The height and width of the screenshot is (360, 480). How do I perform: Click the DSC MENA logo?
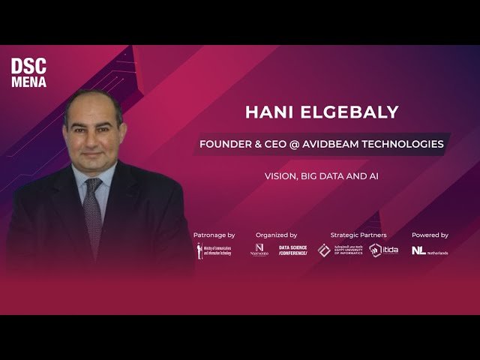tap(28, 73)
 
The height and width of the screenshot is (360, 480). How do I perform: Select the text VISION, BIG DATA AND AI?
tap(320, 177)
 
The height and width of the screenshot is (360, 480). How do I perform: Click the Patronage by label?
tap(214, 235)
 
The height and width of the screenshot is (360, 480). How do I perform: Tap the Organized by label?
tap(276, 235)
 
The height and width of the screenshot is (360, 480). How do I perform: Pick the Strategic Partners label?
tap(358, 235)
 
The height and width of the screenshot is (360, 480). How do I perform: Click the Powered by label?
tap(430, 235)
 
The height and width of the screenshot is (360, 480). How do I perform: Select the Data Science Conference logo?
tap(292, 250)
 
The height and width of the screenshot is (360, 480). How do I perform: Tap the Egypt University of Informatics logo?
tap(340, 250)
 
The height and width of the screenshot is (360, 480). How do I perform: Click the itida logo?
tap(384, 250)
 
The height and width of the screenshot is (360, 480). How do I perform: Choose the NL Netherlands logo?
tap(429, 251)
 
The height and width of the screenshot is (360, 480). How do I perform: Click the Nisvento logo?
tap(259, 250)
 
